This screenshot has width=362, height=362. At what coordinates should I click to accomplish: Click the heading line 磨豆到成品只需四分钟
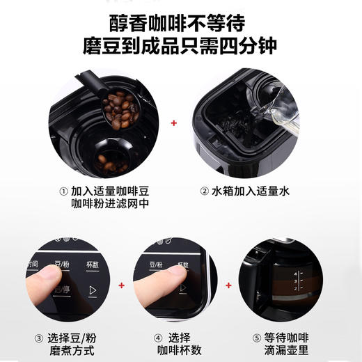point(181,47)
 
